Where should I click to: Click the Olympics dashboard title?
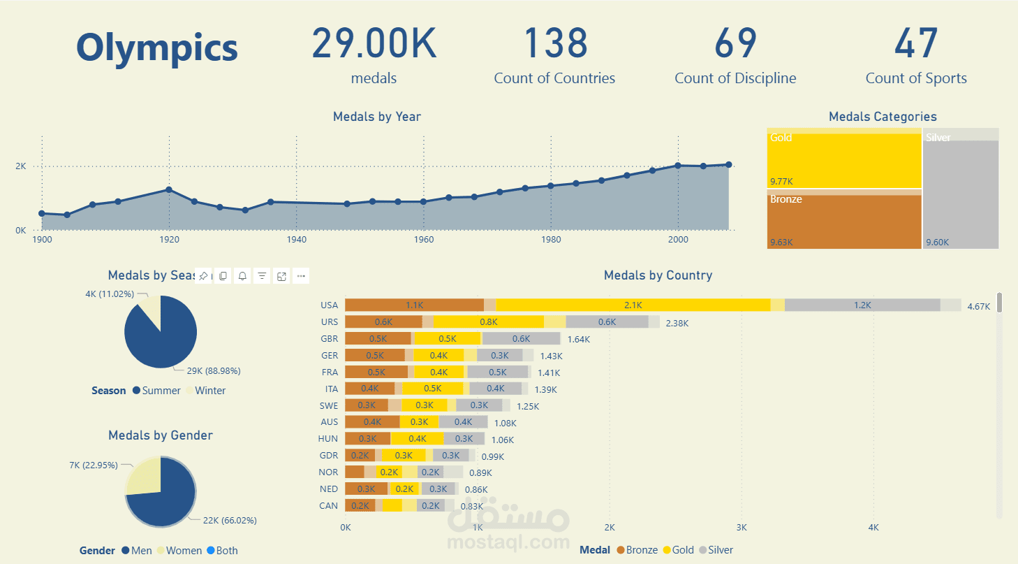coord(157,48)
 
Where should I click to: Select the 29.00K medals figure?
coord(374,43)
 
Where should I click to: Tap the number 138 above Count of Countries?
coord(554,43)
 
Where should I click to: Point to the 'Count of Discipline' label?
coord(735,78)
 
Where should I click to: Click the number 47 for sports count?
coord(916,43)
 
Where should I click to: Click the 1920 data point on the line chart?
coord(169,189)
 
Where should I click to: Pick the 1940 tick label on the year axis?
coord(296,240)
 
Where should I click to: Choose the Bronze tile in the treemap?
coord(843,221)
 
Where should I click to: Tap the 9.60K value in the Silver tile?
coord(937,243)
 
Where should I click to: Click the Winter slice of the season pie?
coord(149,308)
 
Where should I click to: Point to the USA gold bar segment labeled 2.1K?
coord(633,305)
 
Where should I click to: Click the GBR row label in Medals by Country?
coord(329,338)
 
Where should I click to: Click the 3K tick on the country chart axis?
coord(742,527)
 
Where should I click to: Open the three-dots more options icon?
coord(301,276)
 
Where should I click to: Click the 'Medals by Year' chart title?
coord(376,117)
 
